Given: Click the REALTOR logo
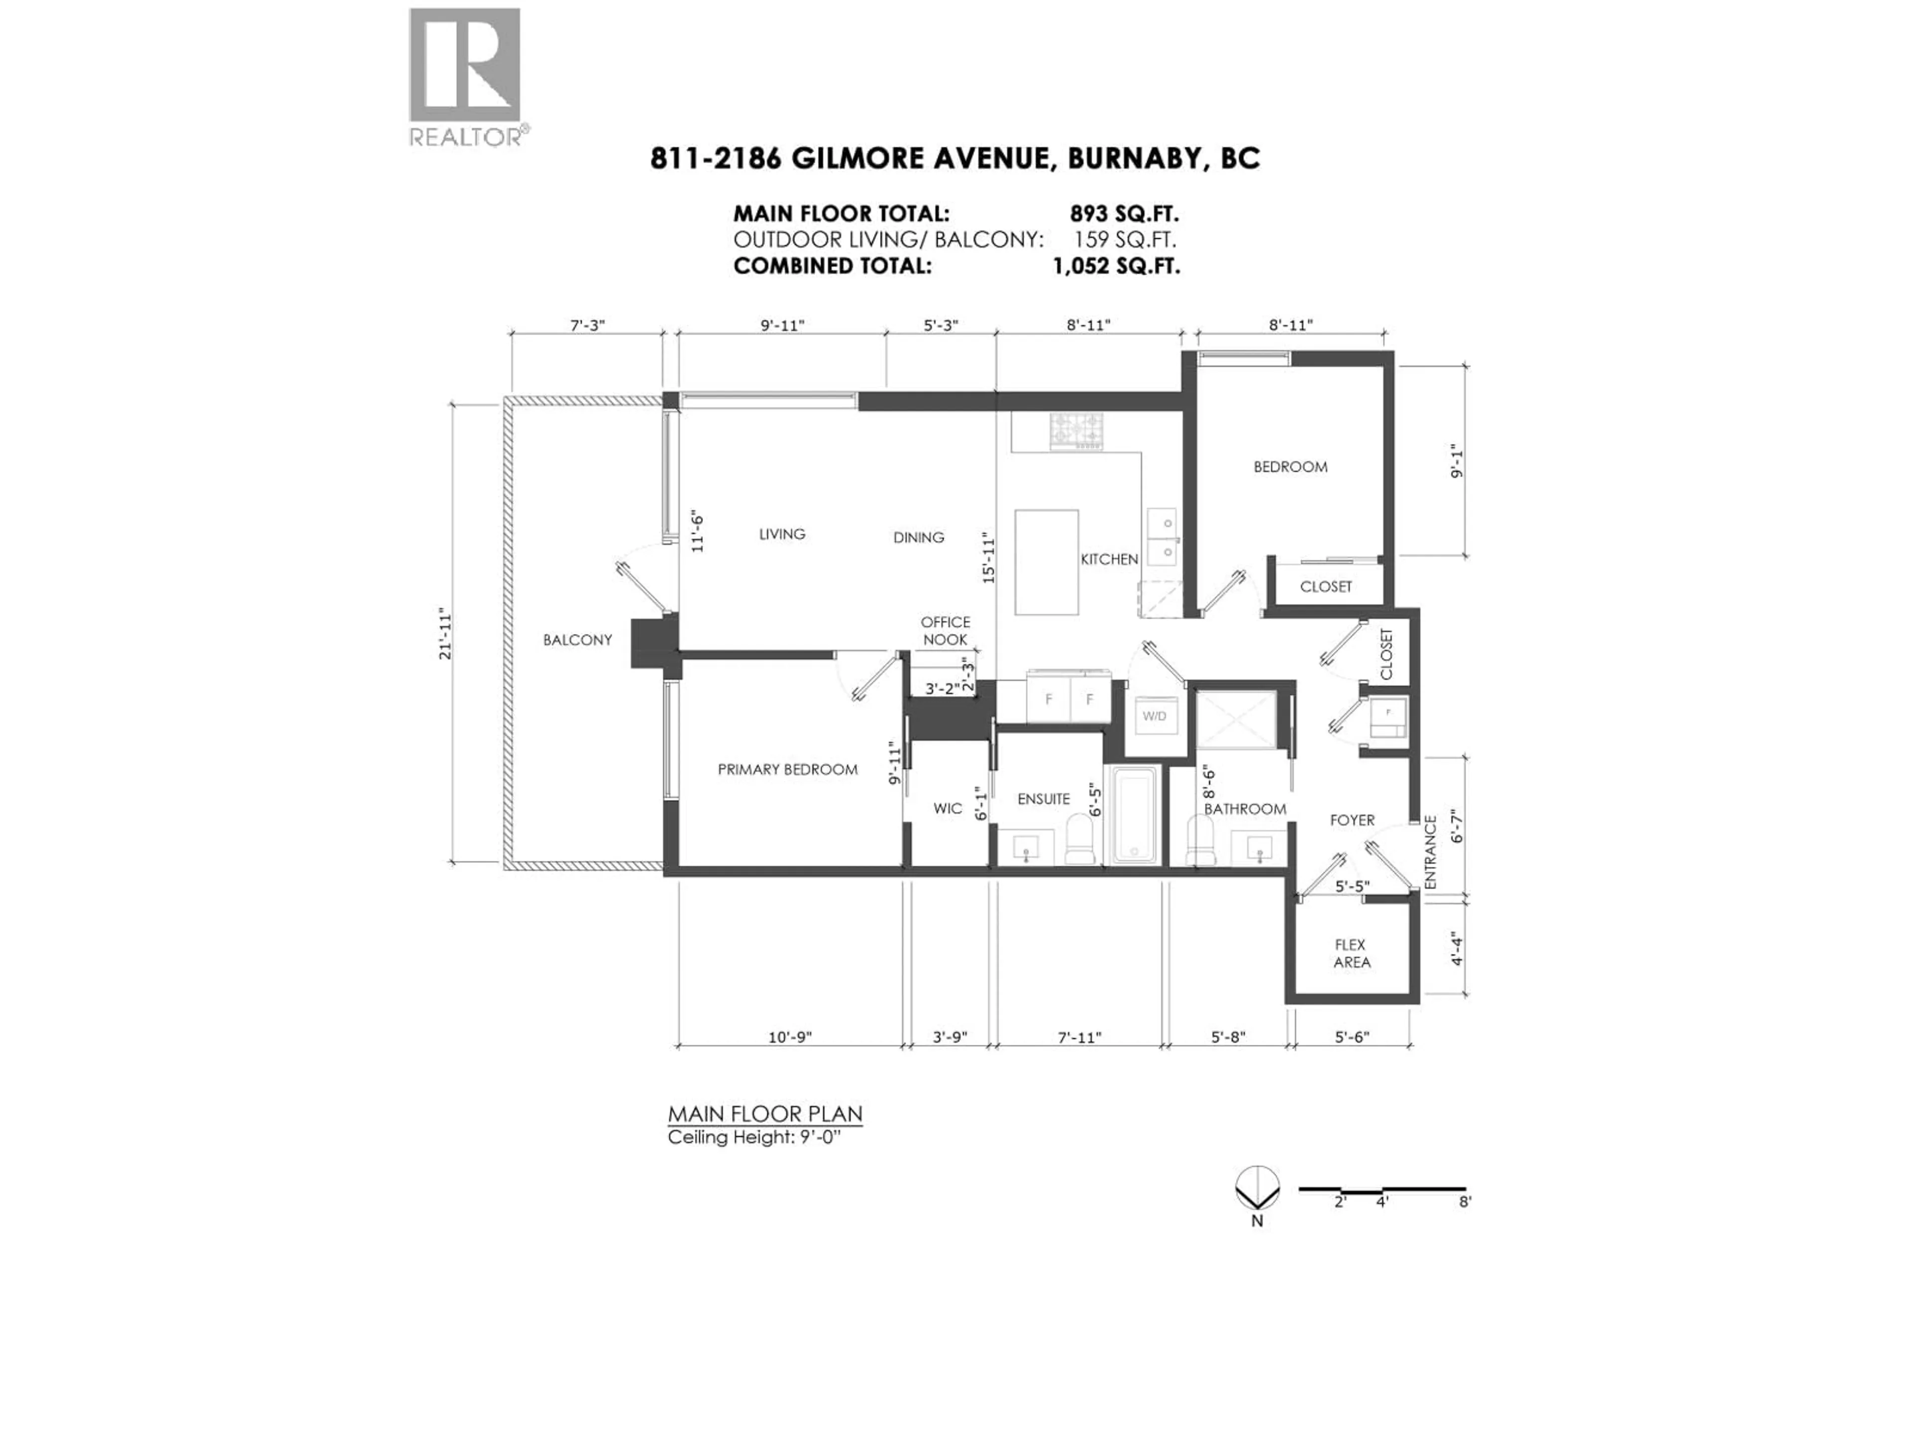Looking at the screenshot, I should click(465, 76).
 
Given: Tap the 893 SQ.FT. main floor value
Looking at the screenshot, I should click(1124, 213).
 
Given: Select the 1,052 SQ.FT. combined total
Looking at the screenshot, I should click(1115, 266).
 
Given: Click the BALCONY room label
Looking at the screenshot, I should click(577, 640).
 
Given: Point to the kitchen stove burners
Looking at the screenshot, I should click(1076, 430).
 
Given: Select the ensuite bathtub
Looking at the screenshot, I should click(1134, 815).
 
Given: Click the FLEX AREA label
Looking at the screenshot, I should click(1351, 954).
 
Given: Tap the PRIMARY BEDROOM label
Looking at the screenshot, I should click(787, 770).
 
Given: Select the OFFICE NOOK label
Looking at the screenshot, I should click(945, 630).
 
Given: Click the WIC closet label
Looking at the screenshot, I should click(948, 809).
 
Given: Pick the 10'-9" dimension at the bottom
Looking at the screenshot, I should click(790, 1036).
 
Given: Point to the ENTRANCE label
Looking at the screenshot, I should click(1430, 852).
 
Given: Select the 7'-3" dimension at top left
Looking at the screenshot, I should click(587, 325).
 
